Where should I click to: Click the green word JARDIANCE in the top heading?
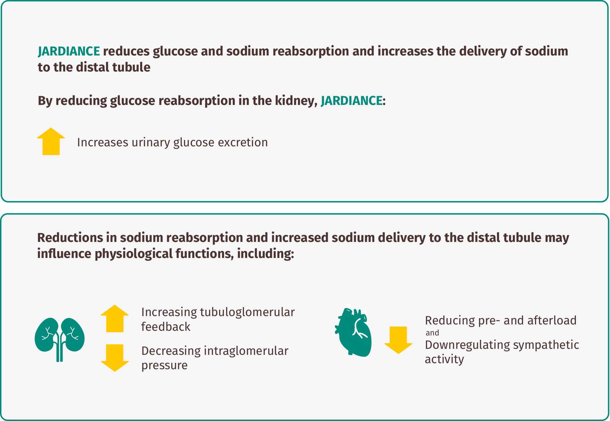pyautogui.click(x=69, y=51)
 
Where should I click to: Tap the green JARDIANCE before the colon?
pyautogui.click(x=351, y=101)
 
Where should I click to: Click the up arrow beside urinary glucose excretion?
pyautogui.click(x=51, y=141)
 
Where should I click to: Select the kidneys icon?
pyautogui.click(x=60, y=339)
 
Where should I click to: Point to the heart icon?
pyautogui.click(x=353, y=330)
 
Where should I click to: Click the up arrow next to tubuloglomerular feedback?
pyautogui.click(x=115, y=318)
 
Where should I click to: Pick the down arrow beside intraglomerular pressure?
pyautogui.click(x=115, y=358)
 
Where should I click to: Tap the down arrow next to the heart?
pyautogui.click(x=398, y=340)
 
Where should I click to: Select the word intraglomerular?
pyautogui.click(x=246, y=351)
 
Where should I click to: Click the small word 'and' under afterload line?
pyautogui.click(x=432, y=333)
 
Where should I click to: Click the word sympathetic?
pyautogui.click(x=546, y=345)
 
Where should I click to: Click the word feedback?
pyautogui.click(x=166, y=326)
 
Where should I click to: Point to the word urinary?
pyautogui.click(x=151, y=143)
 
